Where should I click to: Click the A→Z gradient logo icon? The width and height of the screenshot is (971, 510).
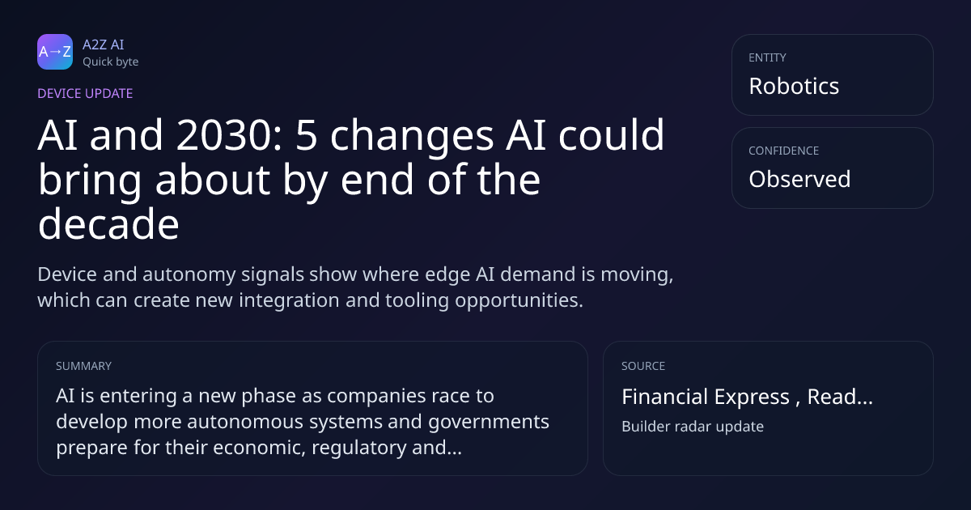pos(55,52)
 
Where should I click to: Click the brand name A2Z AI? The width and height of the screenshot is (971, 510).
pos(104,45)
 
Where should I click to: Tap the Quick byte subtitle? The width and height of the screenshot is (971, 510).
pos(111,62)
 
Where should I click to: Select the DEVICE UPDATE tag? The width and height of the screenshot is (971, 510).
pos(85,94)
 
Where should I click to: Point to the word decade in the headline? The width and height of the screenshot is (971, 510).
pos(108,224)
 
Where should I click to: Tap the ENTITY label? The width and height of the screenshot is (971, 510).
pos(767,57)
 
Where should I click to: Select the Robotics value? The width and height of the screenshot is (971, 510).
pos(794,86)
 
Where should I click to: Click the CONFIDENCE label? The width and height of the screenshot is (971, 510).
pos(784,151)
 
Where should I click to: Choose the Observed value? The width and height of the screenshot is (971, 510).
pos(799,179)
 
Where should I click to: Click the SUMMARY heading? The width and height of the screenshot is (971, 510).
pos(83,366)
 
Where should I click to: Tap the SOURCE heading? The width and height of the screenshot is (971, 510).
pos(643,366)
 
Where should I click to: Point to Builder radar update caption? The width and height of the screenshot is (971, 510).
pos(693,427)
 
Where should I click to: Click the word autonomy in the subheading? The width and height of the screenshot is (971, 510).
pos(189,275)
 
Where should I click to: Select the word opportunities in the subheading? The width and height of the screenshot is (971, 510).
pos(519,301)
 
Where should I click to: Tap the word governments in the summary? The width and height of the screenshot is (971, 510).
pos(489,423)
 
